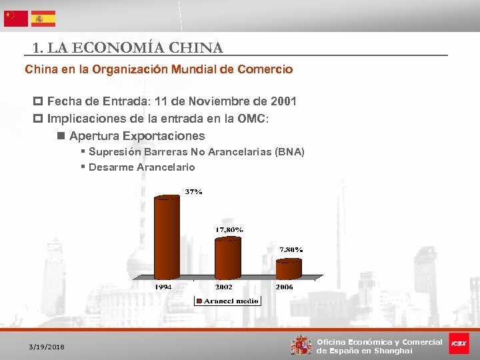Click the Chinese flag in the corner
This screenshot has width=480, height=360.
point(16,19)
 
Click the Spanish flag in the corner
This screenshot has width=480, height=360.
point(43,19)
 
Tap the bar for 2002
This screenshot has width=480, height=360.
point(227,259)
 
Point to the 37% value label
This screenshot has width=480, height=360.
point(193,191)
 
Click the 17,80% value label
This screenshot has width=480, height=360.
point(229,229)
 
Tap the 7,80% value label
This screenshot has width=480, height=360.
point(291,249)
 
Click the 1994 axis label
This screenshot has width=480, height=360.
point(165,287)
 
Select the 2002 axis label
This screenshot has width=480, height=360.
point(223,287)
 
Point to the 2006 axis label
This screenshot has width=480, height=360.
point(285,287)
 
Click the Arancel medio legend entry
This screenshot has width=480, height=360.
point(227,301)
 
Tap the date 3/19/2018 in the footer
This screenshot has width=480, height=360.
point(47,347)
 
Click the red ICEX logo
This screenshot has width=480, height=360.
point(459,343)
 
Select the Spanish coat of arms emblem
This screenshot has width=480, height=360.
point(301,345)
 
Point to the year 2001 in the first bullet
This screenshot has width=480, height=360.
point(284,101)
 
